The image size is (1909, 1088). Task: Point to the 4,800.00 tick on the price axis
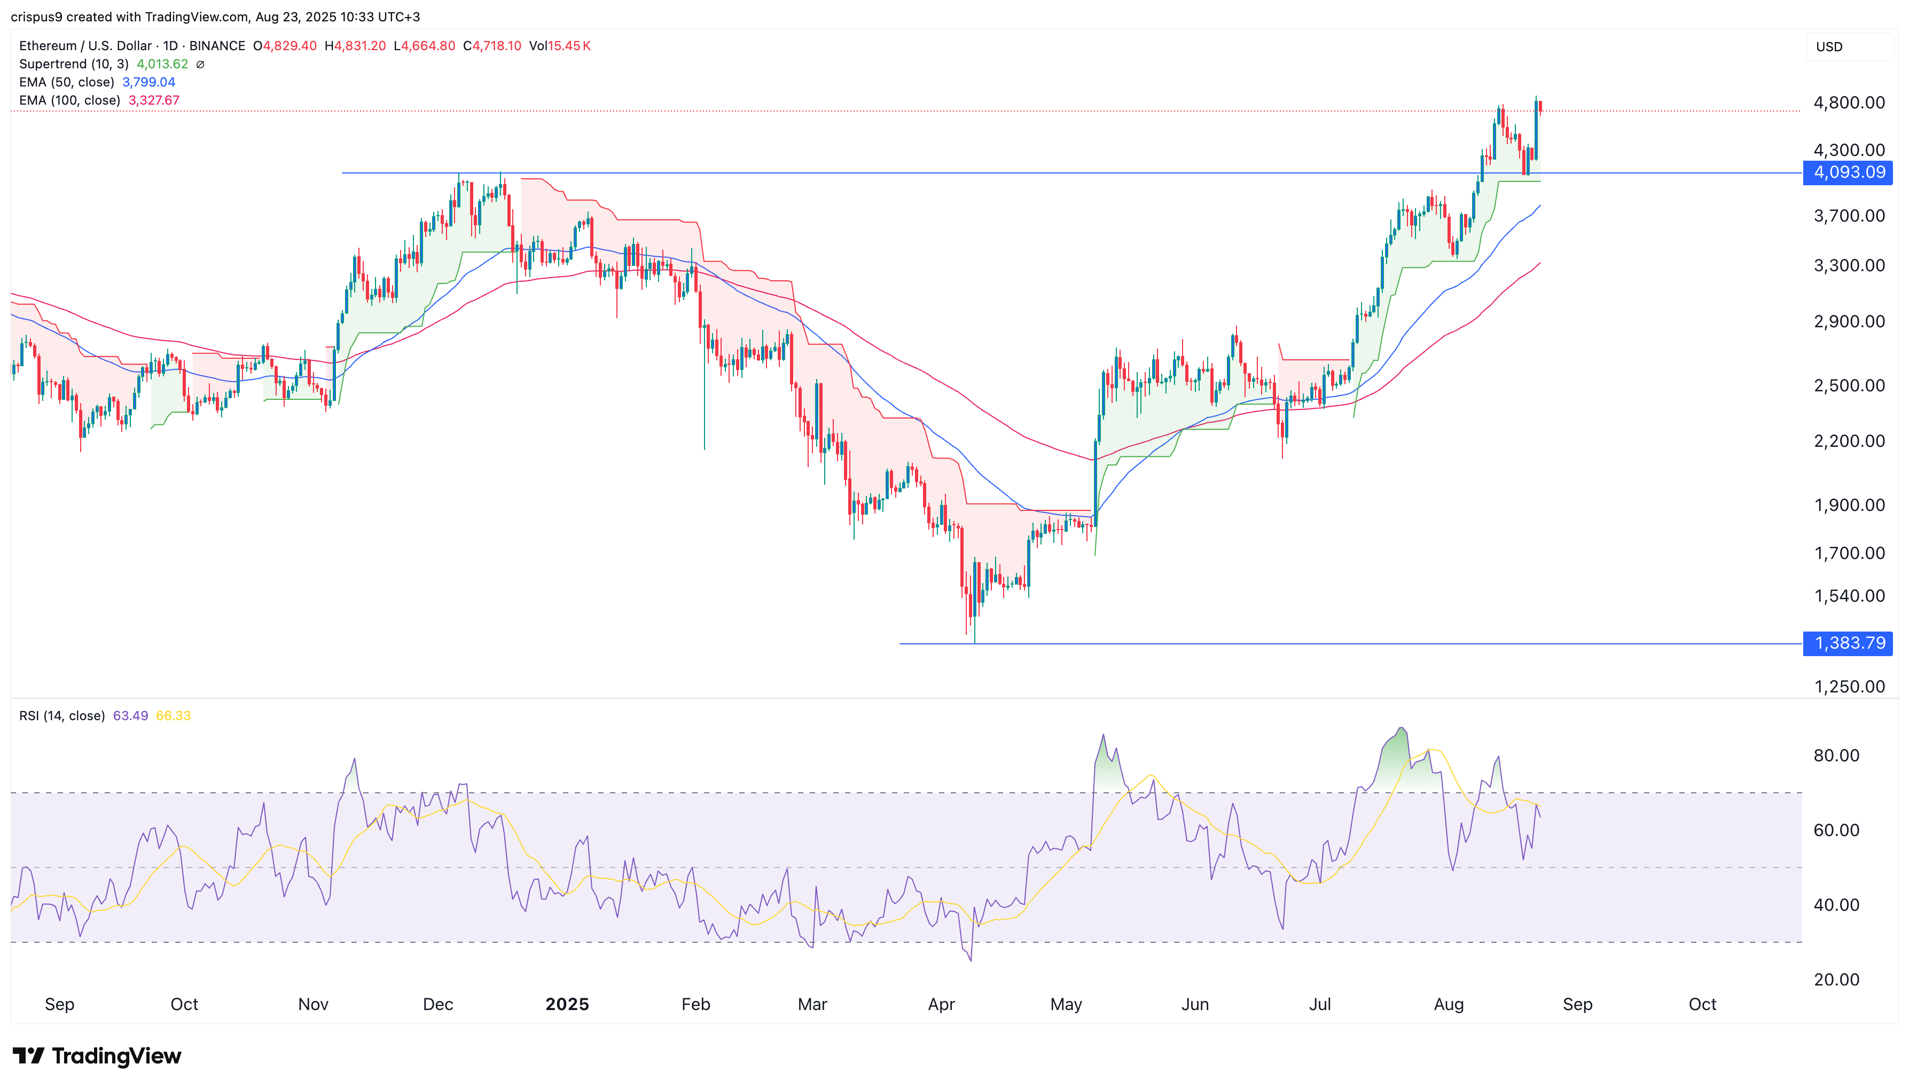(1849, 103)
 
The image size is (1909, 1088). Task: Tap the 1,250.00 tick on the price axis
(1849, 687)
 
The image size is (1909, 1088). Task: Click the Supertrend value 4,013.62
(162, 64)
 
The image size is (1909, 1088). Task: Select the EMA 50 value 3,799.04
(148, 82)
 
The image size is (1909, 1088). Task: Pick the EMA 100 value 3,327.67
(154, 100)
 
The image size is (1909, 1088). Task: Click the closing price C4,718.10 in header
(492, 45)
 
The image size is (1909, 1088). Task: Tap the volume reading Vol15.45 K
(560, 45)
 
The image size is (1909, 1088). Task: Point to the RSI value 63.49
(130, 716)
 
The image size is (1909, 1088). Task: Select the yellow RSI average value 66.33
(174, 716)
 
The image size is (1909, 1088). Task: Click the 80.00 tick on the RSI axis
(1836, 755)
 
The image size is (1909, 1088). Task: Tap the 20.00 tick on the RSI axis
(1836, 980)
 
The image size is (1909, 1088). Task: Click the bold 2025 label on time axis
(567, 1004)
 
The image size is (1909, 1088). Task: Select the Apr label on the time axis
(941, 1004)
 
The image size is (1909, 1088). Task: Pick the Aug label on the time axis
(1449, 1004)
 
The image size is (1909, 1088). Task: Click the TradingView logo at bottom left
(97, 1056)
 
